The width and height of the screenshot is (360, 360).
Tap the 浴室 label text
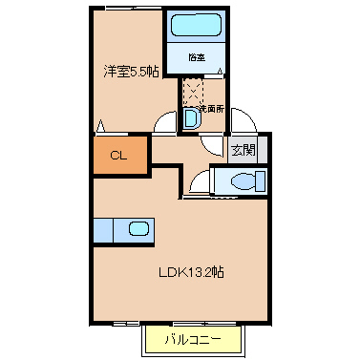pos(196,57)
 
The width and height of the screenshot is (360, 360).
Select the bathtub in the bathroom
pos(195,28)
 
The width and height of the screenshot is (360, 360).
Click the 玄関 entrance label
pos(243,149)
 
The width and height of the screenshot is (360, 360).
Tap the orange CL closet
pos(119,156)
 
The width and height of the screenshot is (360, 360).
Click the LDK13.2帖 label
pos(191,271)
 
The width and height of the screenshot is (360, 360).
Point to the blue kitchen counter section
pos(103,231)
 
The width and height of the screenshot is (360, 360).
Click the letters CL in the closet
pos(119,156)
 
